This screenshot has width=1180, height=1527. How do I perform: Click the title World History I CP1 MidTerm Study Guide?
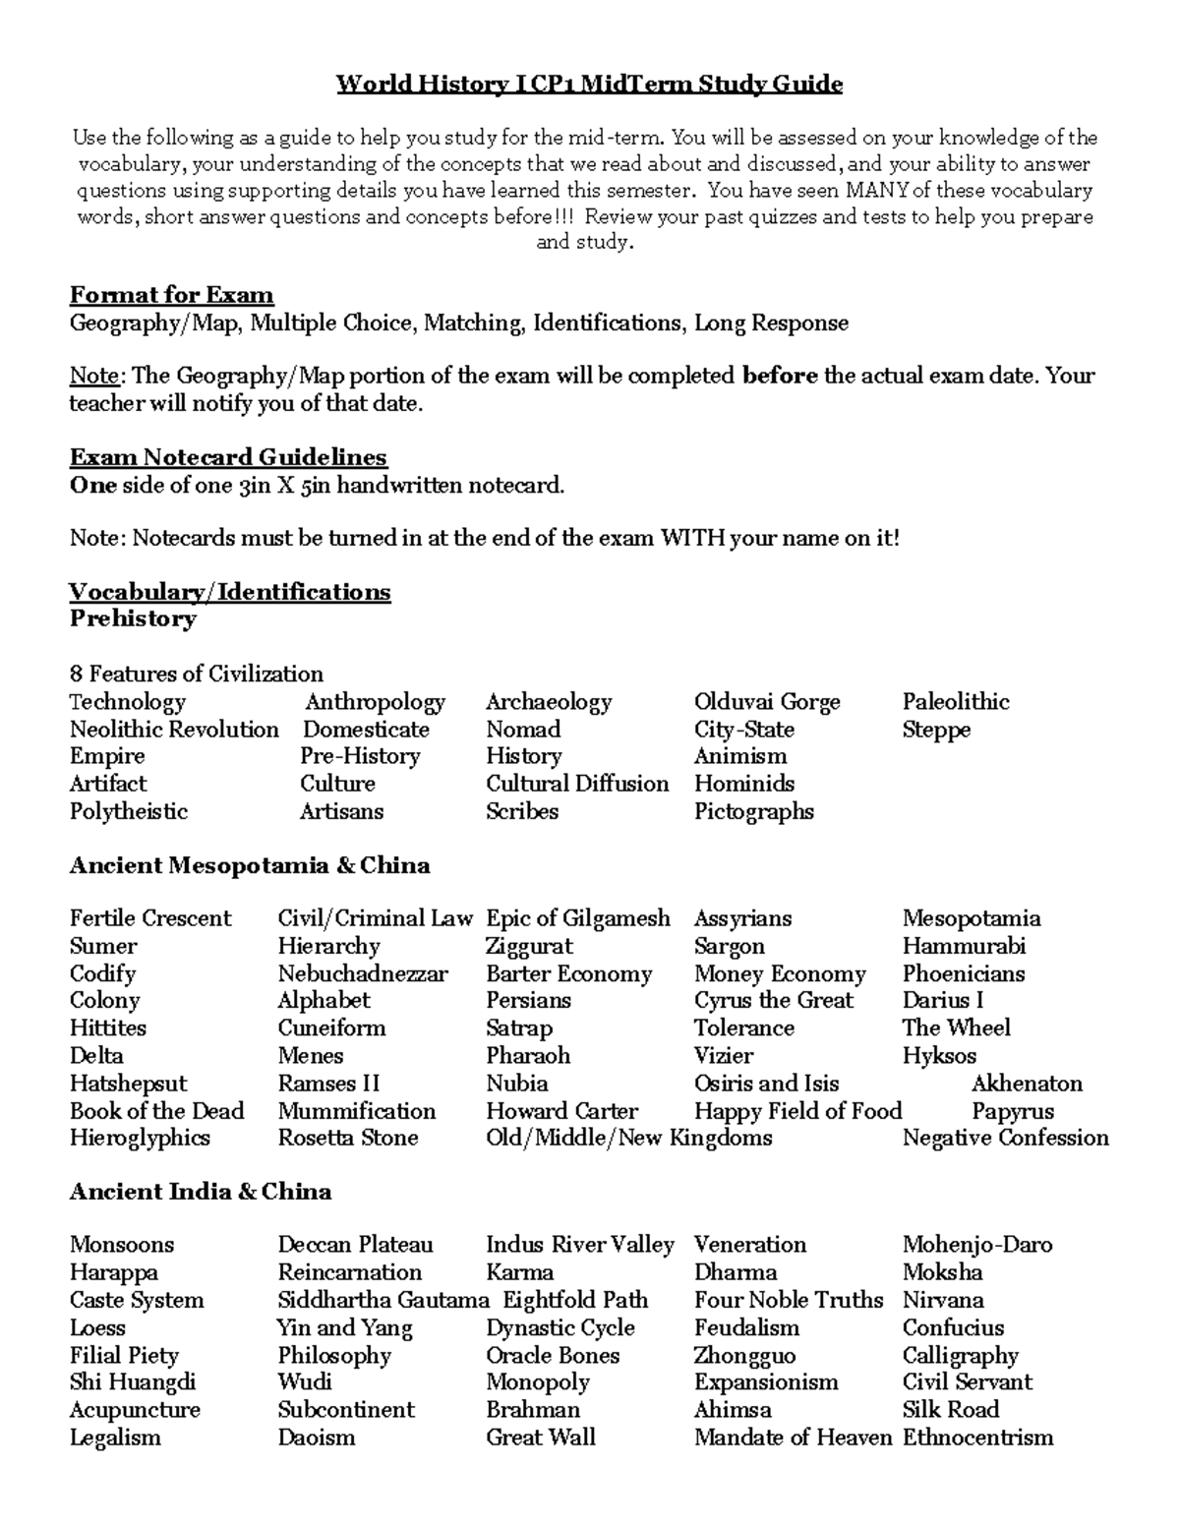click(589, 84)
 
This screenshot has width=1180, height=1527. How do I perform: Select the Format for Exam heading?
click(171, 295)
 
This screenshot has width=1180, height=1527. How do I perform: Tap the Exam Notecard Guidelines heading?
click(228, 457)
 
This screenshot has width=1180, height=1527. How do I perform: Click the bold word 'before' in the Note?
click(779, 376)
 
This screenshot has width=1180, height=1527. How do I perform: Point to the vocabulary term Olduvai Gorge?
click(767, 702)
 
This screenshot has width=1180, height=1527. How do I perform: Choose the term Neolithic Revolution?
click(174, 730)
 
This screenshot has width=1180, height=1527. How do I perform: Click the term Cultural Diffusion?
click(577, 784)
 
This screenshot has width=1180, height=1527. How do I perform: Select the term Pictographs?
click(754, 811)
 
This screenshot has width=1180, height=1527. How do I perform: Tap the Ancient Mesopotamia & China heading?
click(250, 865)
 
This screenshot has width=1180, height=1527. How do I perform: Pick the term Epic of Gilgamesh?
click(578, 918)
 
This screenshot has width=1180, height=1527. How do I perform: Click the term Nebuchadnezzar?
click(363, 973)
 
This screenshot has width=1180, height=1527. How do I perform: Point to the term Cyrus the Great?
click(774, 1000)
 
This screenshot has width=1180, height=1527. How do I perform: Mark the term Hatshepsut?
click(128, 1084)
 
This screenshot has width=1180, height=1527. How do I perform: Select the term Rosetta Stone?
click(348, 1138)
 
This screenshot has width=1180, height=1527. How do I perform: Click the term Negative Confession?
click(1005, 1138)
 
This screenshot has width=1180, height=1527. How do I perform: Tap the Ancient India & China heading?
click(201, 1192)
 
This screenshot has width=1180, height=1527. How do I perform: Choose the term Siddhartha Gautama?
click(383, 1300)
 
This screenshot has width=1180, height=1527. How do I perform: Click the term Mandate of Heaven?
click(793, 1438)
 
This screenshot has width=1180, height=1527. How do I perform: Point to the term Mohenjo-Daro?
click(977, 1245)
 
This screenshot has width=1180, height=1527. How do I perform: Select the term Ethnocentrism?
click(977, 1438)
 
